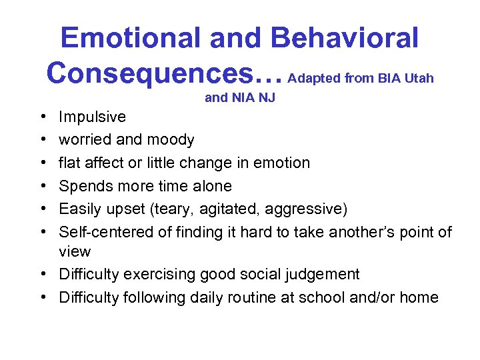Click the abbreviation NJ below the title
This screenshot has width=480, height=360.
[x=267, y=99]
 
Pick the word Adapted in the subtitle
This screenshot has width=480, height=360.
[x=315, y=79]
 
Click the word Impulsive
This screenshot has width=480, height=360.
[x=92, y=117]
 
